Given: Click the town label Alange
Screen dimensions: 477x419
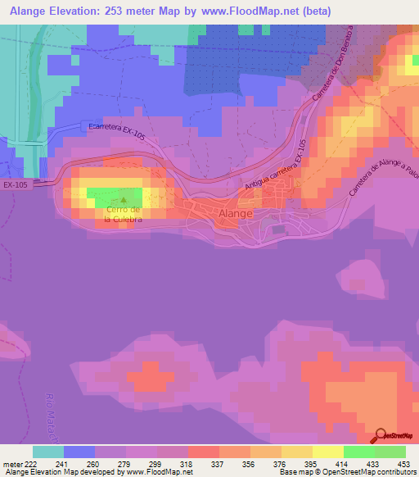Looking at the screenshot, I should point(236,213).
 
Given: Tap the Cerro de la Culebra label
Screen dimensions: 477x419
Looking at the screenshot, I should point(124,215).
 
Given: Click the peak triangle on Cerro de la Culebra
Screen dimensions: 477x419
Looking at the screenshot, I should point(124,198).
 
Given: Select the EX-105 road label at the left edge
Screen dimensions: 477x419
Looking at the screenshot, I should point(16,184).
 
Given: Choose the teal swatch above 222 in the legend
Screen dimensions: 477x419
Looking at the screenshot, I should point(48,452).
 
